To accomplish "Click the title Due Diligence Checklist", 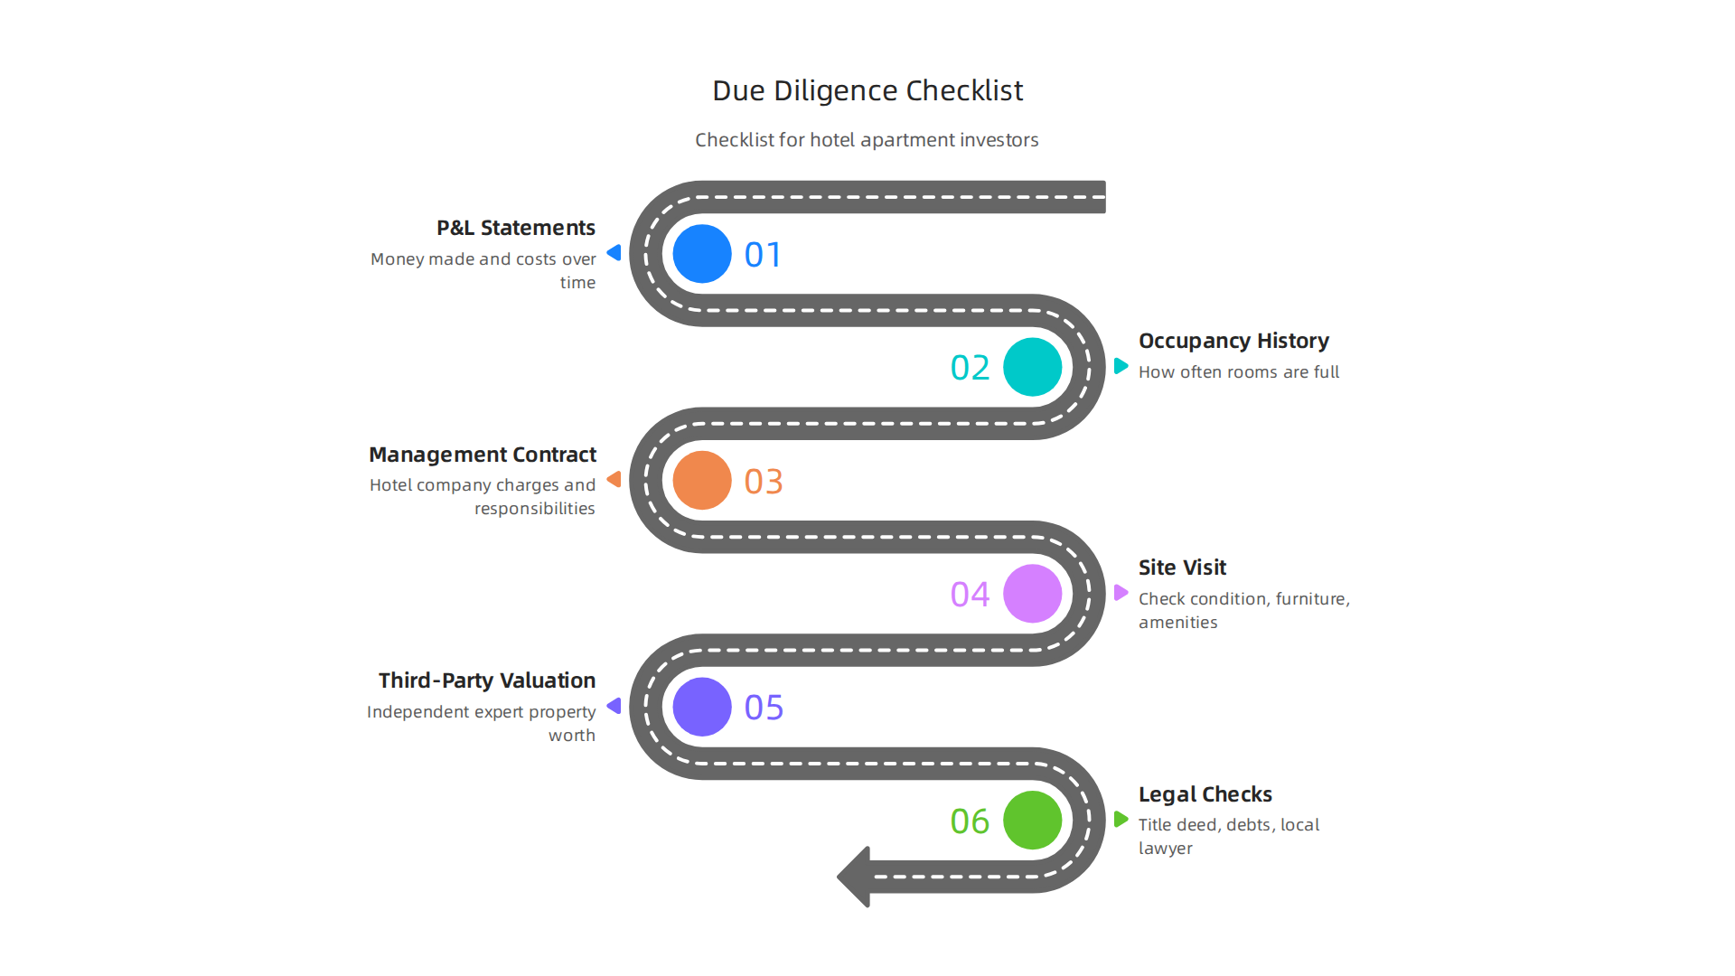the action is point(867,90).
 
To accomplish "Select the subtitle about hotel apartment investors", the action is point(867,140).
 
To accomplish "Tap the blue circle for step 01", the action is point(702,254).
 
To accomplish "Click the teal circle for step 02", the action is point(1033,367).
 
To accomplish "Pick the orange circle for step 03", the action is point(702,481).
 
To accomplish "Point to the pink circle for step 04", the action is point(1033,594).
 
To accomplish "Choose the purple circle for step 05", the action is point(702,707).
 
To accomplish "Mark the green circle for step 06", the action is point(1033,821).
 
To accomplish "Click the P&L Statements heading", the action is point(516,228).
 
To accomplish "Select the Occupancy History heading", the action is point(1233,341).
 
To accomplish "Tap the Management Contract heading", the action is point(483,455).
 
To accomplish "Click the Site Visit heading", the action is point(1182,568).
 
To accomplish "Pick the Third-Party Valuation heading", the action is point(487,680).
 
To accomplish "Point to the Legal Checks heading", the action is point(1205,794).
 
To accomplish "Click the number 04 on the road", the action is point(970,595).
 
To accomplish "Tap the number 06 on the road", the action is point(970,821).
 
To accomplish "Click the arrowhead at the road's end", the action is point(855,877).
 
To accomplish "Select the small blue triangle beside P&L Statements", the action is point(614,253).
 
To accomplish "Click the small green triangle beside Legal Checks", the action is point(1121,820).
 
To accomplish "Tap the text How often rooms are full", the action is point(1239,372).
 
